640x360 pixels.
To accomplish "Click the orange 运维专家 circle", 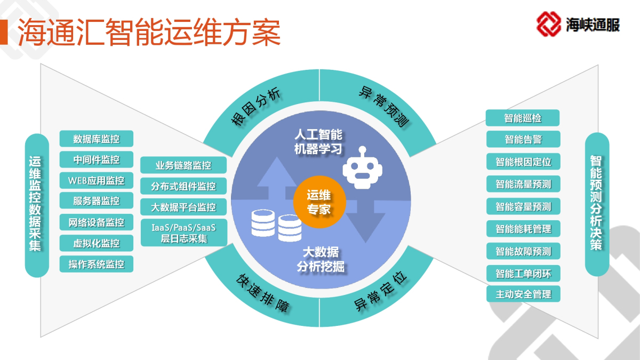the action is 319,202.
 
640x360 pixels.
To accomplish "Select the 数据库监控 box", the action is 97,139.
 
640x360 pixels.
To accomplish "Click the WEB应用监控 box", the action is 97,180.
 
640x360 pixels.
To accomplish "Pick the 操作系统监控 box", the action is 97,264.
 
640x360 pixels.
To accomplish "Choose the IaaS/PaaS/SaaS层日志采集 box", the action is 184,233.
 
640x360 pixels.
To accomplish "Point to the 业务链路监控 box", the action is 183,165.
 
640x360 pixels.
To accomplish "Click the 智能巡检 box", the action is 523,118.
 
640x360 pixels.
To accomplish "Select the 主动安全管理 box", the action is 523,294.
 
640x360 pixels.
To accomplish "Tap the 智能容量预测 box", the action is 523,206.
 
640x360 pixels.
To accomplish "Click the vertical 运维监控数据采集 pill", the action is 37,205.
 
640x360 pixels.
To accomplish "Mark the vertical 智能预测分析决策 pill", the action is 597,204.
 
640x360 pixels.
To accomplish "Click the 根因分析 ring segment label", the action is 255,106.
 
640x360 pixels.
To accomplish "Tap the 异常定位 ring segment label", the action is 380,291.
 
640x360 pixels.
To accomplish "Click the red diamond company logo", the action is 549,24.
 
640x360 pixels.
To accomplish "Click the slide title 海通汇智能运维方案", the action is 149,33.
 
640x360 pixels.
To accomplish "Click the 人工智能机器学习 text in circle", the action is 318,142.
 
